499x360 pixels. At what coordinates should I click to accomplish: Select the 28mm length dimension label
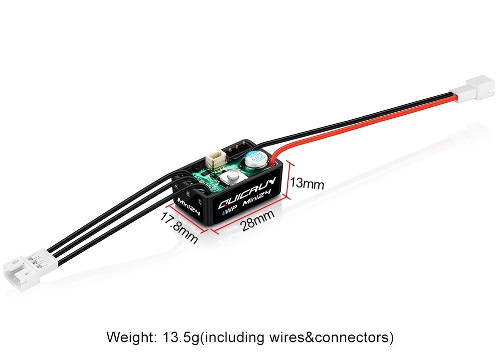coord(258,220)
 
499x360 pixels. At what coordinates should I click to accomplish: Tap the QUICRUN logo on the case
coord(244,196)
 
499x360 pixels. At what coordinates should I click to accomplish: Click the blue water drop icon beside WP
coord(224,212)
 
